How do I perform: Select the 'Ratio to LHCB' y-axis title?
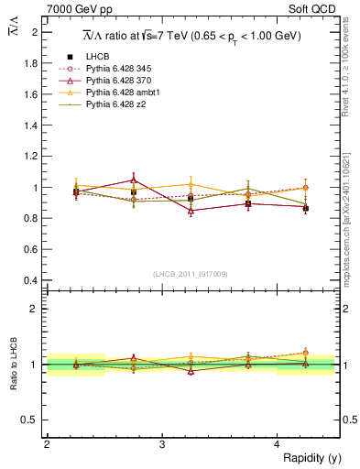click(13, 362)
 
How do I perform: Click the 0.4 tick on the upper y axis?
click(35, 280)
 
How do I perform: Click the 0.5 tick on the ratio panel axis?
click(35, 420)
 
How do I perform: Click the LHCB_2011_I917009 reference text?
click(191, 273)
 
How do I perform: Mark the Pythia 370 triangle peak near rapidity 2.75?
click(135, 180)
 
